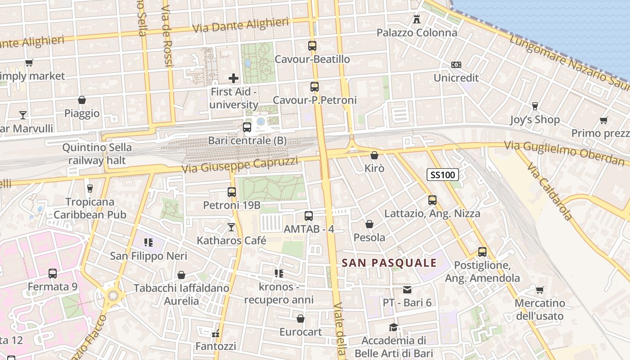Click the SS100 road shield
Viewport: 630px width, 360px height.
pyautogui.click(x=443, y=175)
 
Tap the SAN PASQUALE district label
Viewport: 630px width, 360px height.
pyautogui.click(x=389, y=263)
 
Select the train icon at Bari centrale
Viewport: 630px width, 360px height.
pyautogui.click(x=247, y=127)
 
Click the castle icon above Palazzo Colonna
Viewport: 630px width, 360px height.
pyautogui.click(x=417, y=19)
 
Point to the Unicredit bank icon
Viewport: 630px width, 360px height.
pyautogui.click(x=456, y=65)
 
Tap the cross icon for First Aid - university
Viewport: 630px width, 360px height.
pyautogui.click(x=234, y=78)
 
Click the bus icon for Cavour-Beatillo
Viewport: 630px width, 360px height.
pyautogui.click(x=312, y=45)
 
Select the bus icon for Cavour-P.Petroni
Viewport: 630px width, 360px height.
pyautogui.click(x=315, y=87)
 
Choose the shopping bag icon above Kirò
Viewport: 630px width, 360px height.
pyautogui.click(x=374, y=155)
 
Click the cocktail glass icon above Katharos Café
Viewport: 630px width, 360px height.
pyautogui.click(x=231, y=227)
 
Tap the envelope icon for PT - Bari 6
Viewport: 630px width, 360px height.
pyautogui.click(x=407, y=289)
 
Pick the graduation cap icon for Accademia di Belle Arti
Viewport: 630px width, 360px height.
pyautogui.click(x=394, y=327)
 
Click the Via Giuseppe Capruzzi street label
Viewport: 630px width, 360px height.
pyautogui.click(x=240, y=165)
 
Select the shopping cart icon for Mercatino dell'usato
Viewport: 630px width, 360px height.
pyautogui.click(x=540, y=290)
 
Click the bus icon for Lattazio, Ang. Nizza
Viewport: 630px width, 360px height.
pyautogui.click(x=432, y=200)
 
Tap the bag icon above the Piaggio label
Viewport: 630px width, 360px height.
pyautogui.click(x=82, y=100)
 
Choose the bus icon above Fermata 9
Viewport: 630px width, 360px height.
pyautogui.click(x=53, y=273)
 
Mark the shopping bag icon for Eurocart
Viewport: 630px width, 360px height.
pyautogui.click(x=301, y=319)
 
